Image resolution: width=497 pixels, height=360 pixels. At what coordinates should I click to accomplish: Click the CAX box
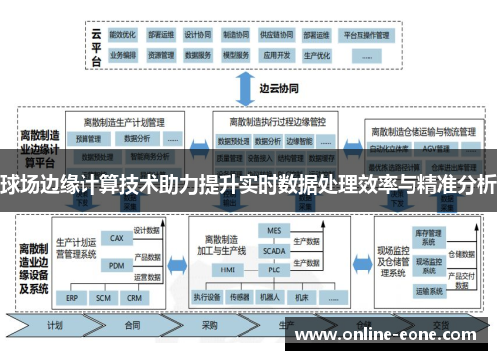[x=116, y=238]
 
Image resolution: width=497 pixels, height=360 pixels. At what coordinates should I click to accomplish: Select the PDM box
[x=116, y=265]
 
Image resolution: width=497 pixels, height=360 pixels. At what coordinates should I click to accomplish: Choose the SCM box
[x=103, y=297]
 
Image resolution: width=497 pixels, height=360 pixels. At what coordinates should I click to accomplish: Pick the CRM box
[x=135, y=297]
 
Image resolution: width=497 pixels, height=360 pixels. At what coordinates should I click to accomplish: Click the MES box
[x=275, y=229]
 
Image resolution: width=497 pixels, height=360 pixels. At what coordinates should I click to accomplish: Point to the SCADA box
[x=275, y=251]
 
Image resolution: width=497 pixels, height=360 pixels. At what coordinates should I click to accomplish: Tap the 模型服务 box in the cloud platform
[x=236, y=55]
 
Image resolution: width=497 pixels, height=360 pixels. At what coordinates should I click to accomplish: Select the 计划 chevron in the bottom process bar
[x=57, y=325]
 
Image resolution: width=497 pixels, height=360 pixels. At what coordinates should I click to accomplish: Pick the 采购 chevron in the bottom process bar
[x=209, y=325]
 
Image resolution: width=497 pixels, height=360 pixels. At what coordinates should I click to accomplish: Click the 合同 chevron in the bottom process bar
[x=132, y=325]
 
